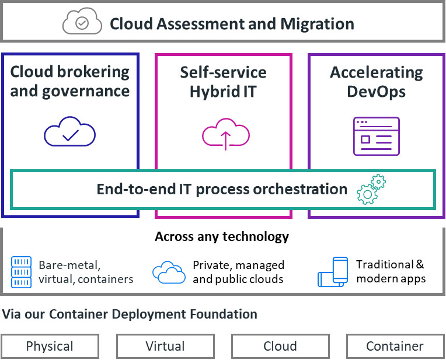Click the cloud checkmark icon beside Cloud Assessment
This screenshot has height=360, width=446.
82,23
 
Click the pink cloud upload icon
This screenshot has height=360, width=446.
226,134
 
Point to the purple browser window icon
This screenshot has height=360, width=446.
376,137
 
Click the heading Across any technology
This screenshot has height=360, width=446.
222,236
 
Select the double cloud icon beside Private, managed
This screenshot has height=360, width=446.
169,271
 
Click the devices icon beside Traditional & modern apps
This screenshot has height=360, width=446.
333,271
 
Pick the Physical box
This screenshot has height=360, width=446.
50,346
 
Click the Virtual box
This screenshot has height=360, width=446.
165,346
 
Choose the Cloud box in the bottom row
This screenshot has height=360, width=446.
280,346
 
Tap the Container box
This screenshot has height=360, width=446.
395,346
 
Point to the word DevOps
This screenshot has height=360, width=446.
376,91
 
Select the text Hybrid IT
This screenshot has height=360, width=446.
223,91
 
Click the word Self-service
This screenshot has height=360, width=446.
223,72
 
